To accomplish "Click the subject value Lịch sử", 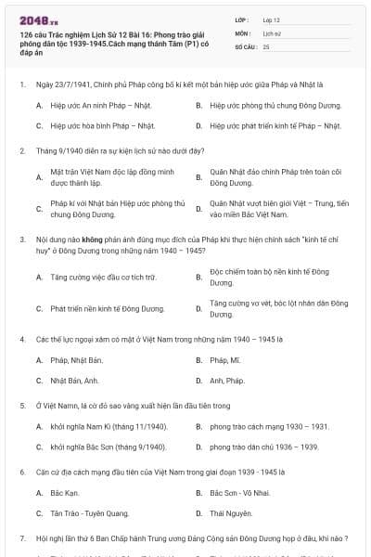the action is click(271, 32).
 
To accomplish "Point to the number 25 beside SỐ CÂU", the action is click(266, 45).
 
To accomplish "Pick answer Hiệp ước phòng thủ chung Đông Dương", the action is click(264, 105).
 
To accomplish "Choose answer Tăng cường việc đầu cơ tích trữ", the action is click(103, 277).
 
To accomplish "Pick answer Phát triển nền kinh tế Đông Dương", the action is click(107, 308).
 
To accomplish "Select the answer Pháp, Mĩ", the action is click(225, 359).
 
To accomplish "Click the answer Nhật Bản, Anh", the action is click(74, 380).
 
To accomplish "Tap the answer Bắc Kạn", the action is click(64, 493).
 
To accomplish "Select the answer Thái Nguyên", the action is click(230, 513).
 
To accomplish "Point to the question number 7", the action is click(21, 538).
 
